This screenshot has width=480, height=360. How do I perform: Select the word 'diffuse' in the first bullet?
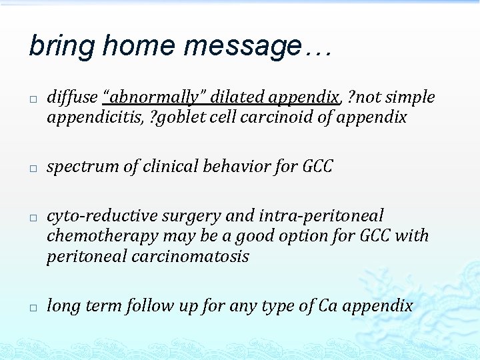point(72,97)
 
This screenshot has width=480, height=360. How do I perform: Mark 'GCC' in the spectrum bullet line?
point(317,167)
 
